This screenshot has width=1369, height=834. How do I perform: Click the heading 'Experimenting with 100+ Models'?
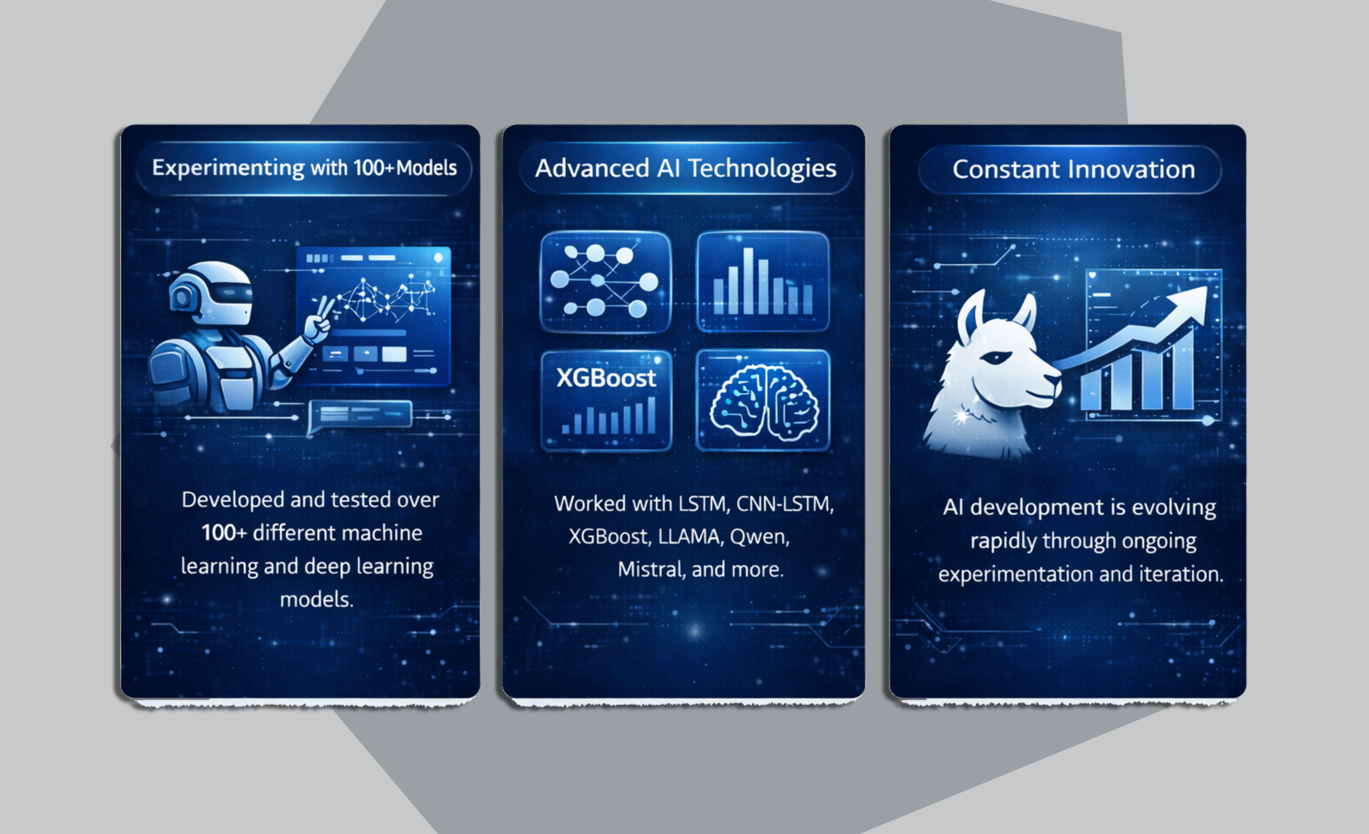coord(304,168)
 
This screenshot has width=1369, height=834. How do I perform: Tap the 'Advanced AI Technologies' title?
coord(686,169)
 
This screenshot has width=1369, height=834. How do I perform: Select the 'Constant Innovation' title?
coord(1073,169)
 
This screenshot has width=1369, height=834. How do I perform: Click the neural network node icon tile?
coord(605,282)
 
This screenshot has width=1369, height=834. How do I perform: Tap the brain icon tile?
coord(763,400)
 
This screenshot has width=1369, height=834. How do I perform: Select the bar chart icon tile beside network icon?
coord(763,281)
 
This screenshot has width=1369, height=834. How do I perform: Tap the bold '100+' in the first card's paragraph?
coord(224,533)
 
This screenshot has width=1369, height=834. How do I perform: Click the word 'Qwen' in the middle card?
coord(759,537)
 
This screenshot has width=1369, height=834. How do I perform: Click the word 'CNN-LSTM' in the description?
coord(785,504)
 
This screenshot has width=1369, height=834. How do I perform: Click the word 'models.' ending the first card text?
coord(316,600)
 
